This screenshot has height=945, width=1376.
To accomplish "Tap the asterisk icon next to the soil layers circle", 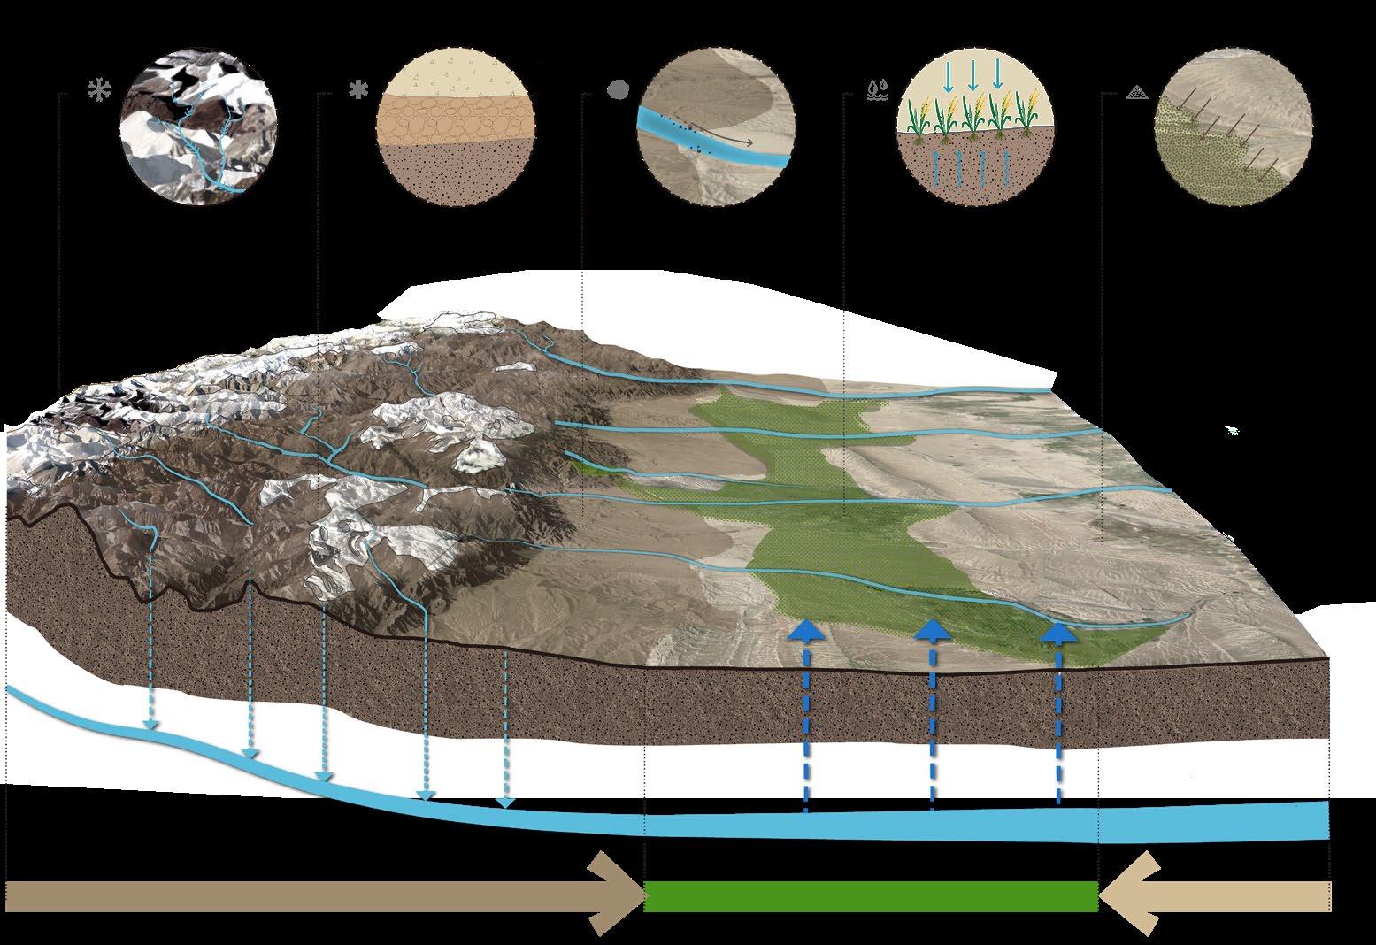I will point(358,89).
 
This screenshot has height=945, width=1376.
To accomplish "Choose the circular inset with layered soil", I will point(456,128).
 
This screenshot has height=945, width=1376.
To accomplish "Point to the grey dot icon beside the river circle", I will point(619,89).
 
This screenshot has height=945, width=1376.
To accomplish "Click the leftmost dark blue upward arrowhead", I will point(805,630).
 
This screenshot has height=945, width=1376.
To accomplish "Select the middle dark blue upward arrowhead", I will point(932,630).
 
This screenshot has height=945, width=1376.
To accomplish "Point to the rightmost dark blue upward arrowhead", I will point(1058,630).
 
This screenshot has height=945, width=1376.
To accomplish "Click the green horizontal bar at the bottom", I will point(872,896).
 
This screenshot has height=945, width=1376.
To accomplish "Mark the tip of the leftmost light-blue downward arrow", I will point(151,726).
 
